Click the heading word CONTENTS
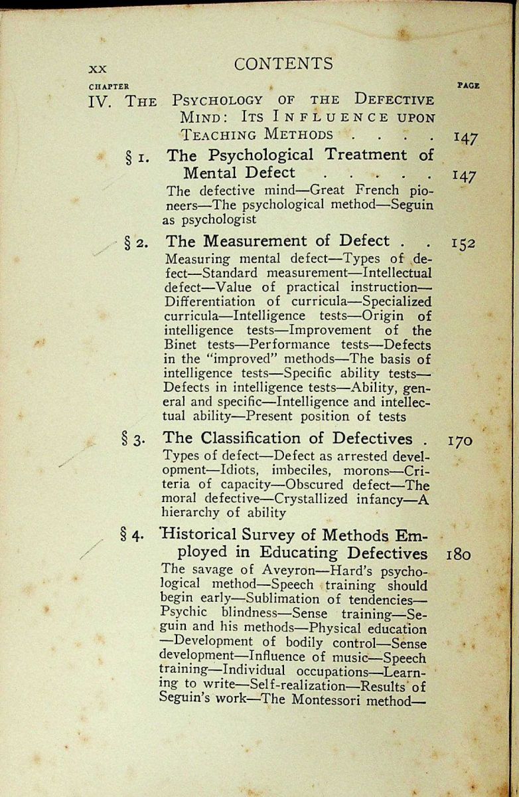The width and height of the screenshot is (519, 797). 283,64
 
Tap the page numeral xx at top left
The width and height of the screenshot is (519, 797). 98,68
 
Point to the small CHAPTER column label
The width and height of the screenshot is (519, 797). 109,86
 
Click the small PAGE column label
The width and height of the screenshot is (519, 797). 469,86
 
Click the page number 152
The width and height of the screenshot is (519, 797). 463,243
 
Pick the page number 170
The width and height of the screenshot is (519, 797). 460,440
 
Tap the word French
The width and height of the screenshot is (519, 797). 368,190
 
